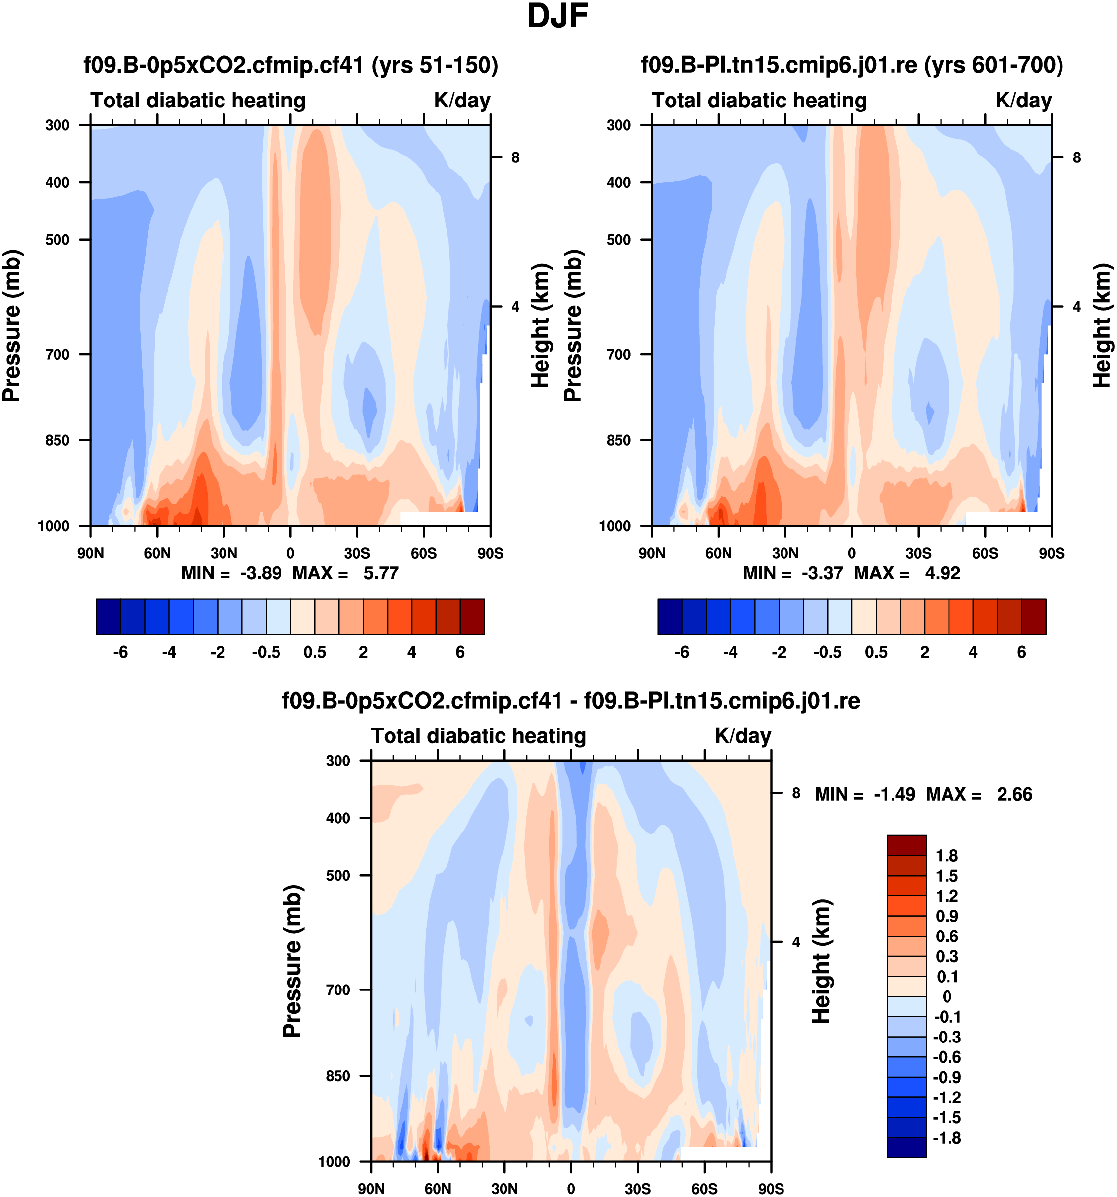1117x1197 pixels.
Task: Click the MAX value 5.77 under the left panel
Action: (381, 572)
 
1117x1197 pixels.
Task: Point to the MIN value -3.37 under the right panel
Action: (822, 572)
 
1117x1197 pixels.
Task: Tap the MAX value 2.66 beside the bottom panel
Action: (1014, 794)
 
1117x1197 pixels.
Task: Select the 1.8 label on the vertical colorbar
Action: (946, 856)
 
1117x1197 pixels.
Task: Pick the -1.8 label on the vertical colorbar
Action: (946, 1138)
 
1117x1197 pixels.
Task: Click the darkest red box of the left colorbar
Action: (472, 617)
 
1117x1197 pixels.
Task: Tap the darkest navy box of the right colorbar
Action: (670, 617)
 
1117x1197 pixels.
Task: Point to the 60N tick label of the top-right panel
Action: (718, 553)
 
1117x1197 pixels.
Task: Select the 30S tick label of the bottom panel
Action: (637, 1188)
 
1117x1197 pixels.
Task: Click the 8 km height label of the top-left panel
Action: (515, 158)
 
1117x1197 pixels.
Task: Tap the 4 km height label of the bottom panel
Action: (796, 942)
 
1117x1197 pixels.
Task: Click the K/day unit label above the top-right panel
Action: (1023, 100)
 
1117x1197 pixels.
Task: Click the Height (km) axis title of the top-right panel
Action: (1101, 325)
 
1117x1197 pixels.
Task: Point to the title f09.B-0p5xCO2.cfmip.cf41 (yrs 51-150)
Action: (290, 64)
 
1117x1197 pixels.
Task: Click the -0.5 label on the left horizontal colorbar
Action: (266, 652)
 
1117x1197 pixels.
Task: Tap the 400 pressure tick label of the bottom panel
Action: (338, 818)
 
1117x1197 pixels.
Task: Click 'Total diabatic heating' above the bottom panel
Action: (478, 736)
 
